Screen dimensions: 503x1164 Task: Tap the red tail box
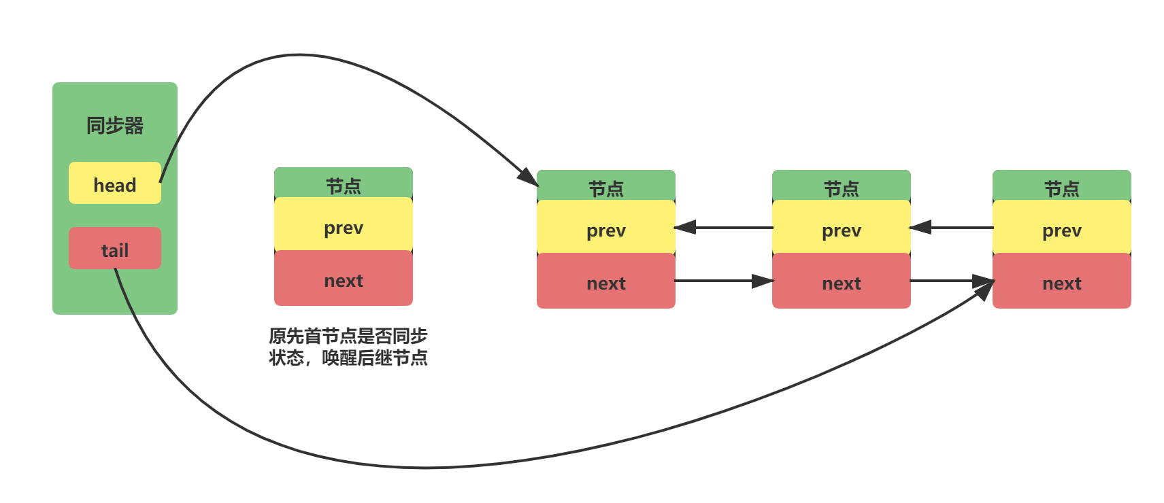point(114,248)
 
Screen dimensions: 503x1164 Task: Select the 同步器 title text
point(114,126)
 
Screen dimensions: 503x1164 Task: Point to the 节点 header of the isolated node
point(343,184)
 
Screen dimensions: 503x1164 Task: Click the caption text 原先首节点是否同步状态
point(348,336)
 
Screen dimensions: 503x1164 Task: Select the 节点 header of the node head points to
point(605,187)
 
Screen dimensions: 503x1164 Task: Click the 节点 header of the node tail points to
point(1061,187)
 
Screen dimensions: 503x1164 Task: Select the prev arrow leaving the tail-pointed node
point(952,227)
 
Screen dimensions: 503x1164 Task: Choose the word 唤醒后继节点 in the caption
point(374,358)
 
